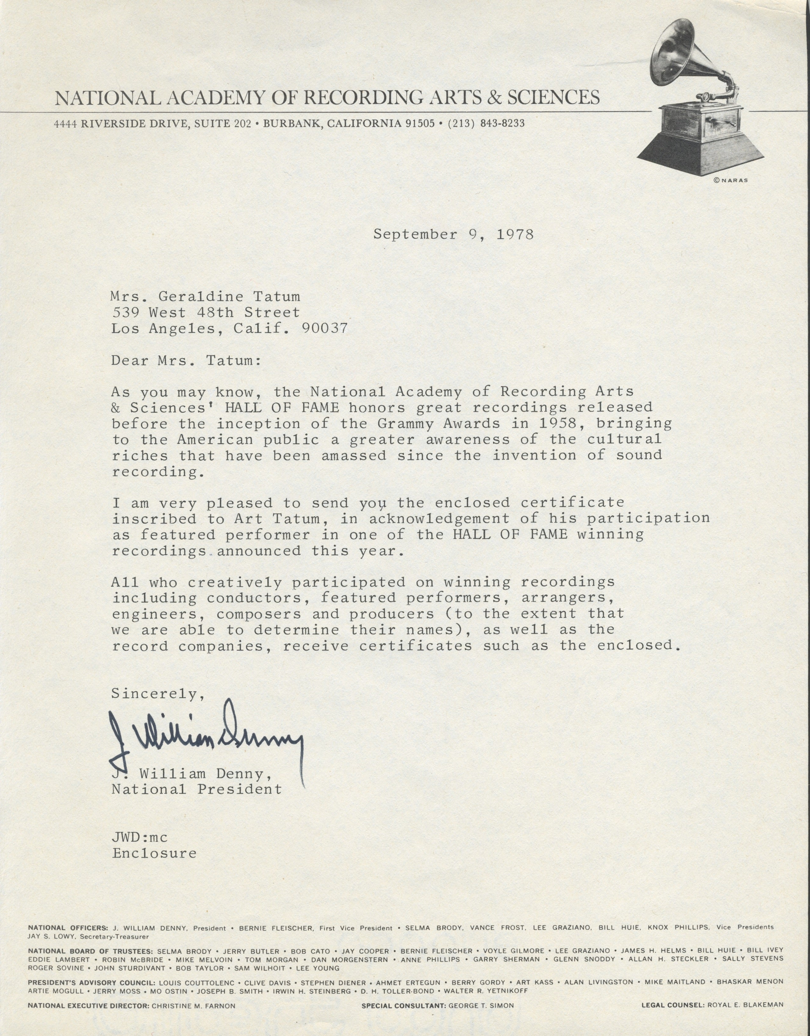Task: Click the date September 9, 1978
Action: (453, 234)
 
